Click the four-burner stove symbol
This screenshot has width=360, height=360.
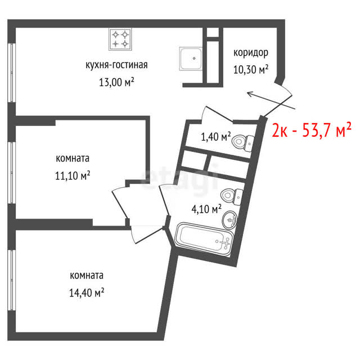(120, 39)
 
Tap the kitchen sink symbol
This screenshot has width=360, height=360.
(191, 59)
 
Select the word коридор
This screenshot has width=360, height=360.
(251, 53)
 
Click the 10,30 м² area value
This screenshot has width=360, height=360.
(251, 70)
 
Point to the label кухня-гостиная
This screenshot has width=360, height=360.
(116, 65)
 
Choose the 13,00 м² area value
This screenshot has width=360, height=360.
(116, 82)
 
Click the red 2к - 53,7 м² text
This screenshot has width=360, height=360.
(312, 130)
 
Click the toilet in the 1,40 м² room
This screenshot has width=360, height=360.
(243, 142)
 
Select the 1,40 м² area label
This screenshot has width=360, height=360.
(216, 137)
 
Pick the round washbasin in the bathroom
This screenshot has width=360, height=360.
(229, 220)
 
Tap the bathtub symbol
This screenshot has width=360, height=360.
(204, 239)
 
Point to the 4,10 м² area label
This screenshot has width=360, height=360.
(206, 209)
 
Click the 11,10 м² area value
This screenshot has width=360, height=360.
(73, 176)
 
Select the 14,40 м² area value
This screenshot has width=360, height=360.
(87, 292)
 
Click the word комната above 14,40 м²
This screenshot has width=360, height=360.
(87, 276)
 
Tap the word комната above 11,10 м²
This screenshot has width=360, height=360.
(73, 159)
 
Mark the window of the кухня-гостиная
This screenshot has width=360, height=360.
(11, 73)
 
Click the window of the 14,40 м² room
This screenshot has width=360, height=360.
(11, 280)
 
